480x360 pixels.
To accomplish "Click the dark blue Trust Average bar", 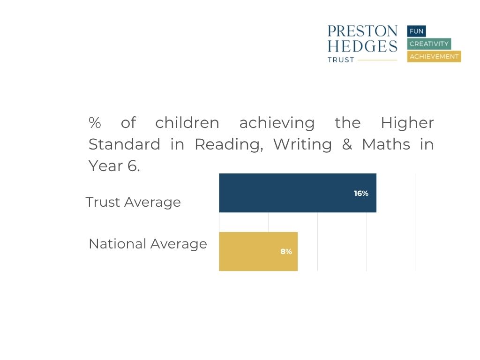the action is (x=298, y=193).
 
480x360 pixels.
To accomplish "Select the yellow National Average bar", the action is (x=258, y=251).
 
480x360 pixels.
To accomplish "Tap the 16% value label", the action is (x=361, y=194).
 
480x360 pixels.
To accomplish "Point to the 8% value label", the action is (x=286, y=252).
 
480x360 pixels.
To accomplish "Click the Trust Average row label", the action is (x=133, y=202).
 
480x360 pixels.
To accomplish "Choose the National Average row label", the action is (x=148, y=244).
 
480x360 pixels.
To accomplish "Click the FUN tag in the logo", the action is (x=416, y=31).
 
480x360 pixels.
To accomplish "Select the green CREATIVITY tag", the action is (x=429, y=44).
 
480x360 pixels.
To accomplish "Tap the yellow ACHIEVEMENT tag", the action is (x=434, y=57).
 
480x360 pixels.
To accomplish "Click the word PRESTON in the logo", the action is (x=362, y=31).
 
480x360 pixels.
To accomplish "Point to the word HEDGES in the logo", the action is (x=362, y=46).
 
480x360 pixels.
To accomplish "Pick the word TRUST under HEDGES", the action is (x=341, y=60).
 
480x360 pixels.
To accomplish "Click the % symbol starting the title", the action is (x=95, y=123).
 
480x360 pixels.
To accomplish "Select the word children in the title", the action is (x=187, y=123).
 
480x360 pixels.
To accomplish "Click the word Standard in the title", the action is (x=124, y=144).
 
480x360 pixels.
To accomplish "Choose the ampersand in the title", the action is (x=347, y=144).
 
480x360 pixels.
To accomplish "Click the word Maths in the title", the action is (x=386, y=144).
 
